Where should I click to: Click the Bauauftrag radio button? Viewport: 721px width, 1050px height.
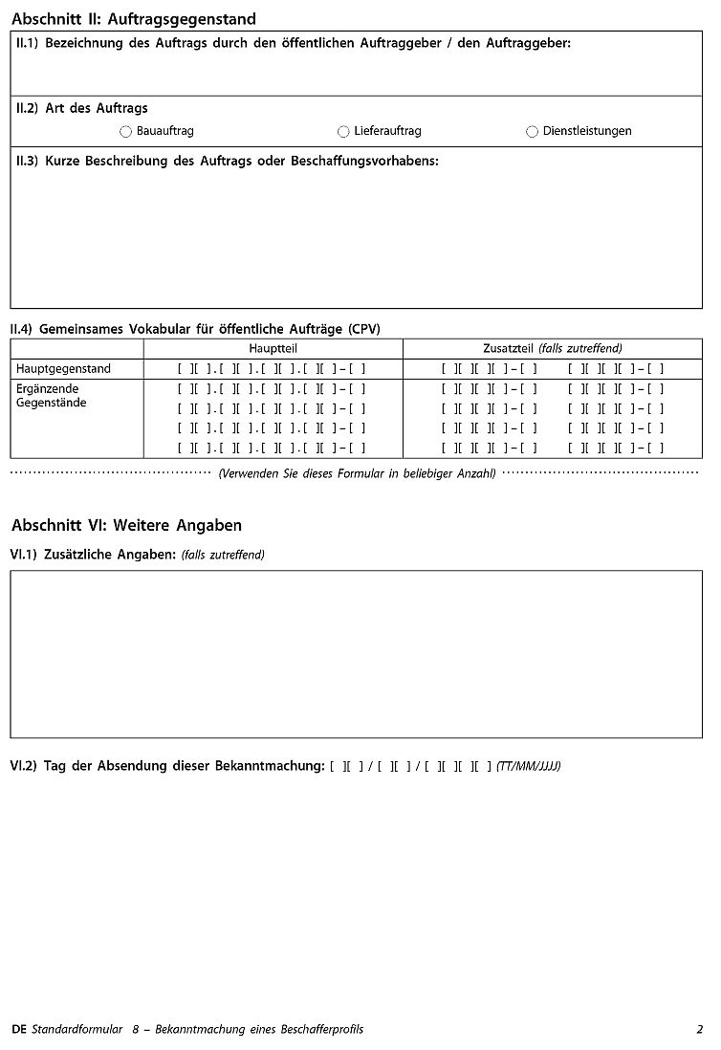[125, 132]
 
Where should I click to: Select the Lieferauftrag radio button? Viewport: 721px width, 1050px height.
[343, 132]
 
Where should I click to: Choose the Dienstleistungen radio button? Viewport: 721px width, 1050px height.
[532, 132]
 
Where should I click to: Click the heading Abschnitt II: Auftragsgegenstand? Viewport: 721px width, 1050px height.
[133, 19]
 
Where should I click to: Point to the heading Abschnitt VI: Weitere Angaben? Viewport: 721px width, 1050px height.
[126, 525]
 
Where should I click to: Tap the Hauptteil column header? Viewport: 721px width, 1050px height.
[273, 349]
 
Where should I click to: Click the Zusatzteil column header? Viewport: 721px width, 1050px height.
[552, 349]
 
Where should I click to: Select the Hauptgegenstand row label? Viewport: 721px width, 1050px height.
[63, 369]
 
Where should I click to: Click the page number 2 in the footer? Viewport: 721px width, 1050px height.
[699, 1029]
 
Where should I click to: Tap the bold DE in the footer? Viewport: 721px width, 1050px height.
[19, 1029]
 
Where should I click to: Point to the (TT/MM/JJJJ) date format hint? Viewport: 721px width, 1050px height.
[528, 766]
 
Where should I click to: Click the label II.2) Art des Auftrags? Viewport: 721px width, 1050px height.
[81, 109]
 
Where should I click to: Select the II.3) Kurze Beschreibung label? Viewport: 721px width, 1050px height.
[227, 162]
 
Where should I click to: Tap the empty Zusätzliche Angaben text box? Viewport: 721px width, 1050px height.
[356, 655]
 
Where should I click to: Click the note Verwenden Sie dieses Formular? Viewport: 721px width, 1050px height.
[356, 473]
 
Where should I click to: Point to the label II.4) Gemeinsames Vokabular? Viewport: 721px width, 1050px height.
[195, 329]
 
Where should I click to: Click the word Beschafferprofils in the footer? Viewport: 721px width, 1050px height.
[320, 1029]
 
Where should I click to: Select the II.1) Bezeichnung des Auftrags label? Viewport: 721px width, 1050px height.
[293, 44]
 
